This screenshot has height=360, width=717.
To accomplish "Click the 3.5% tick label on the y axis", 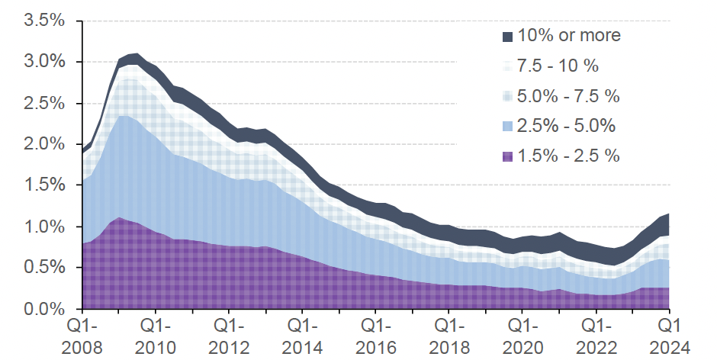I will point(45,21).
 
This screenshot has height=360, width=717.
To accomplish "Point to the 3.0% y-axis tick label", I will point(45,62).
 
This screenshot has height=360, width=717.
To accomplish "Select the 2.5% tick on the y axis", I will point(45,103).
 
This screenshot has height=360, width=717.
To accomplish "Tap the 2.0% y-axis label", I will point(45,144).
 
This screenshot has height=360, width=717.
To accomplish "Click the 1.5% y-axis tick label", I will point(45,186).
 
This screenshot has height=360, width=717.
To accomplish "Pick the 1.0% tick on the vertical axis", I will point(45,227).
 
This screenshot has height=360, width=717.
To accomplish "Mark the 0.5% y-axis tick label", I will point(45,268).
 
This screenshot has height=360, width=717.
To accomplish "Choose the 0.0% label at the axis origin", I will point(45,310).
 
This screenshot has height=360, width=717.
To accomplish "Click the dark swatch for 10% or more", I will point(507,36).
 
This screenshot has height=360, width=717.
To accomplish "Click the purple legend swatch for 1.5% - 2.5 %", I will point(507,156).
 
